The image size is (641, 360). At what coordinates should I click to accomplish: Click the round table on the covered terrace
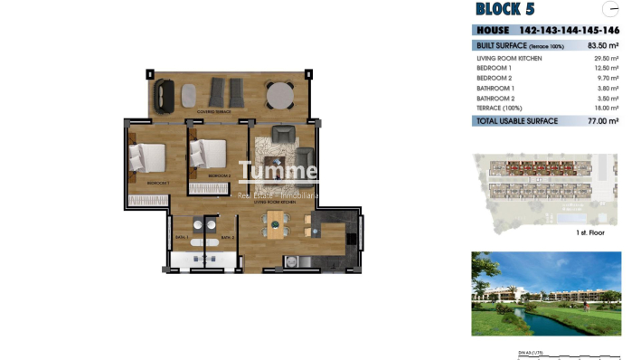pos(279,94)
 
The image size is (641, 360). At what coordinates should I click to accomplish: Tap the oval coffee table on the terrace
pos(191,93)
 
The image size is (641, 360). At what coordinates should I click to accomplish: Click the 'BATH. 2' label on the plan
pos(228,237)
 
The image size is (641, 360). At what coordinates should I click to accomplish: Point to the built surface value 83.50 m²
pos(602,44)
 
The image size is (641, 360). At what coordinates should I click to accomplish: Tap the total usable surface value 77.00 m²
pos(602,120)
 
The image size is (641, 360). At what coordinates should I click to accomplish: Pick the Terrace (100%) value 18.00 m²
pos(605,107)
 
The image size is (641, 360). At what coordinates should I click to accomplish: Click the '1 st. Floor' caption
pos(589,232)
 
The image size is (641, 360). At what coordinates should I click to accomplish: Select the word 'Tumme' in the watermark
pos(278,172)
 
